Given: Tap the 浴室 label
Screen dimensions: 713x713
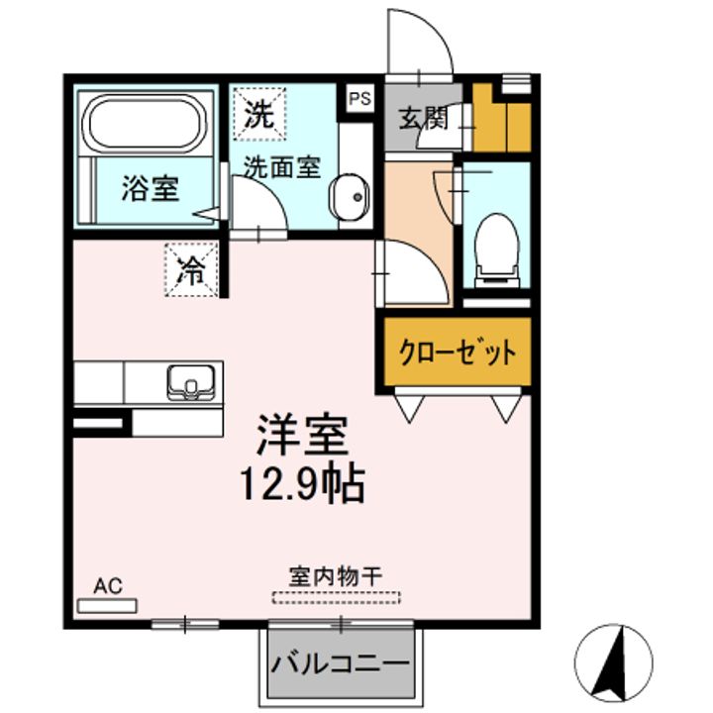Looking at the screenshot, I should pyautogui.click(x=151, y=188).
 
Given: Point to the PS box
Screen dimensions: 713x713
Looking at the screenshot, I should pyautogui.click(x=358, y=99).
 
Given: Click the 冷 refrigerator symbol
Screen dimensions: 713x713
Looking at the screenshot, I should pyautogui.click(x=192, y=269).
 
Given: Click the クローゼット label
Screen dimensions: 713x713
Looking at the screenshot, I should pyautogui.click(x=457, y=352).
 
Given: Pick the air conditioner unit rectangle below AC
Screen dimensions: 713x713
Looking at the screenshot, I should pyautogui.click(x=108, y=603).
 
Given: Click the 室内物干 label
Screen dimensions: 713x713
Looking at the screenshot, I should pyautogui.click(x=336, y=575).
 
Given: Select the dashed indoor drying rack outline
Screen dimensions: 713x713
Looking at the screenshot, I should pyautogui.click(x=337, y=597).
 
